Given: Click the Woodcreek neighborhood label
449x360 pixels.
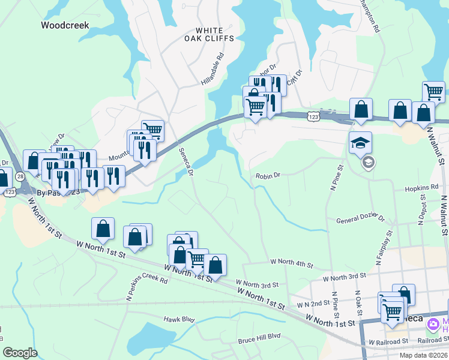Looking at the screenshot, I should (x=65, y=25).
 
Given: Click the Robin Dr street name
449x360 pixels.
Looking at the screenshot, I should (x=268, y=176).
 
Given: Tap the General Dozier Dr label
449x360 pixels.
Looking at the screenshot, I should (x=360, y=220).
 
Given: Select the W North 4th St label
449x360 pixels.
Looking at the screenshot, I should (x=292, y=262).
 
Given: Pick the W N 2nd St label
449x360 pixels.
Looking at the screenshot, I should (x=313, y=304).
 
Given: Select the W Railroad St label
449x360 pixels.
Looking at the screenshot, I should (x=388, y=341).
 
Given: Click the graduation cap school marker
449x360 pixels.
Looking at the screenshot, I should (x=361, y=143).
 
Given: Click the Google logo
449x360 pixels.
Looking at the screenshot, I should (x=20, y=353).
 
